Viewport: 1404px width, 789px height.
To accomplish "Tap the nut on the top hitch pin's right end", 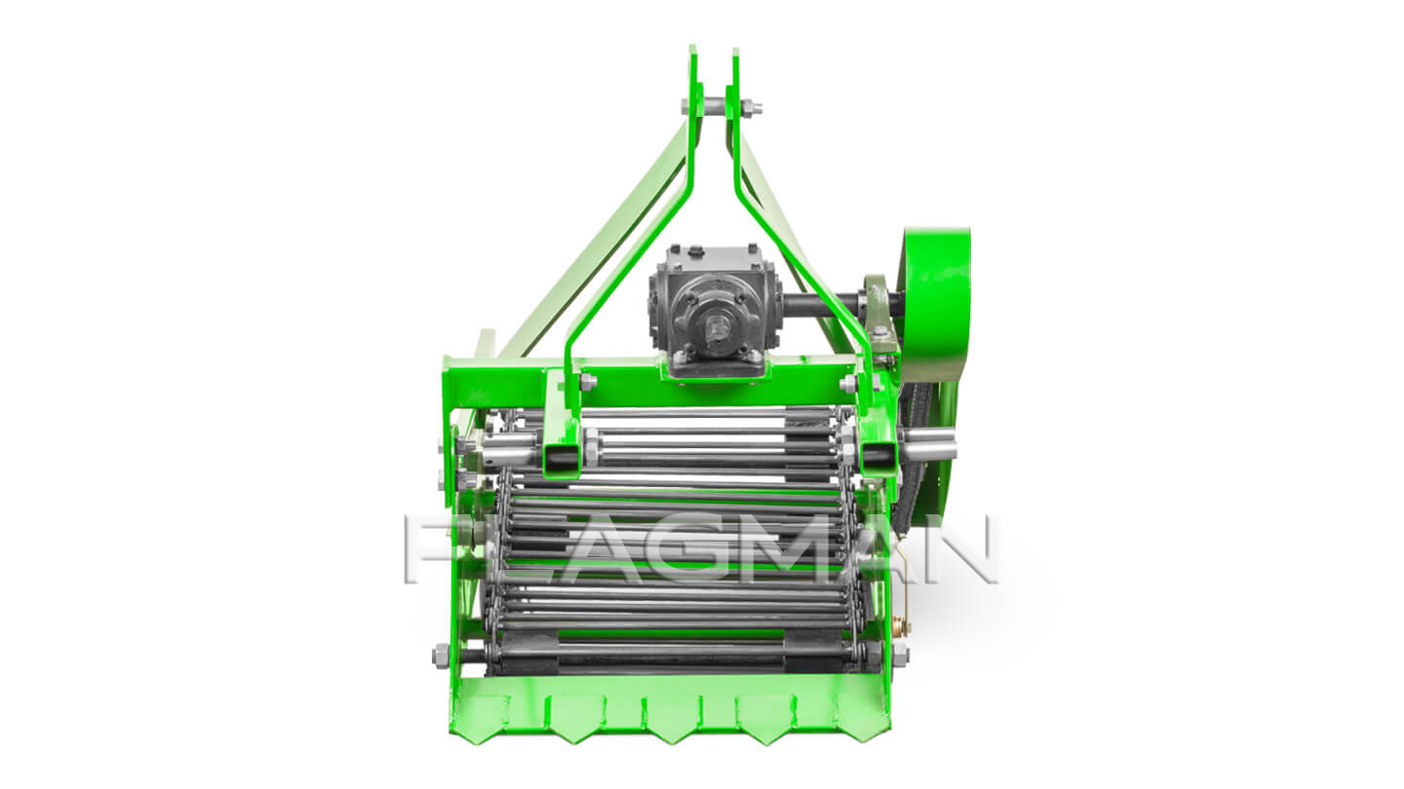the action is click(751, 108).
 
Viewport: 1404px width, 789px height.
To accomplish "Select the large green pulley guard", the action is click(936, 304).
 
